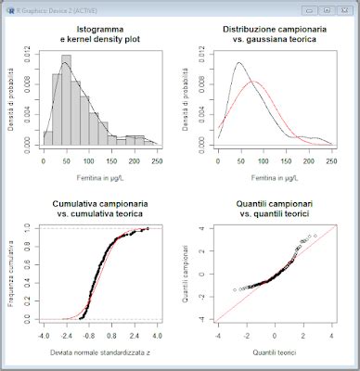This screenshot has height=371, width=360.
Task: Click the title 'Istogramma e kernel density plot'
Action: pyautogui.click(x=101, y=36)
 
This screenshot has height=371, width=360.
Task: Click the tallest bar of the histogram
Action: pyautogui.click(x=67, y=102)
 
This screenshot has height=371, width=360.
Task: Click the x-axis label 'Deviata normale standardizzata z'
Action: pyautogui.click(x=100, y=352)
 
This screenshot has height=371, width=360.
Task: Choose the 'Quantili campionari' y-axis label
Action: pyautogui.click(x=186, y=274)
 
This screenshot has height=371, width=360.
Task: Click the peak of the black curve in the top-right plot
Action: pyautogui.click(x=239, y=63)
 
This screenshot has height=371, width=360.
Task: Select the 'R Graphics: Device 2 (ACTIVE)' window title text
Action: pyautogui.click(x=46, y=6)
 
